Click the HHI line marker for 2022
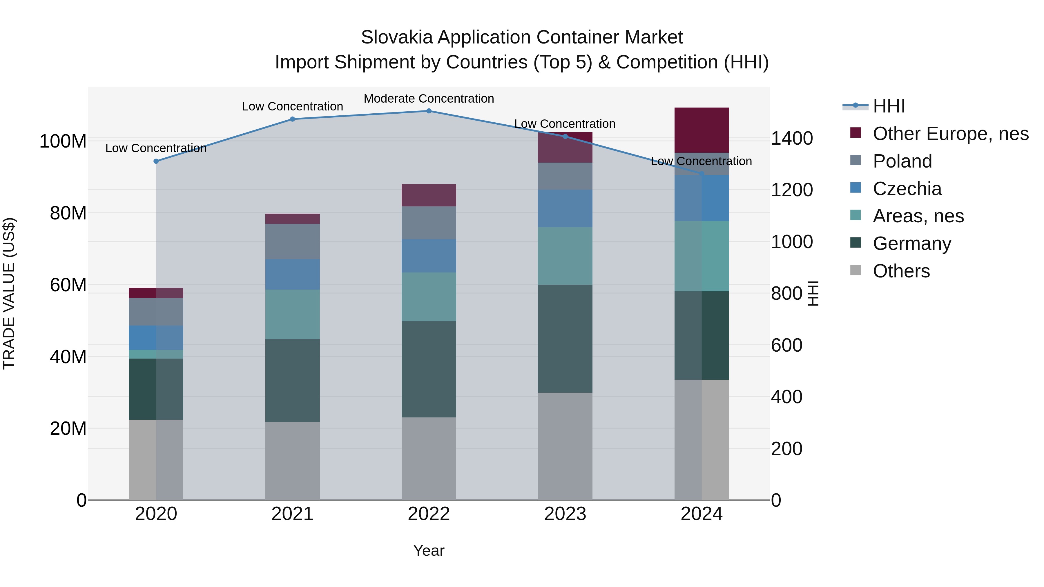[x=429, y=111]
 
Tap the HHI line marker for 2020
[x=156, y=161]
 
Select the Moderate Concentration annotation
[x=429, y=99]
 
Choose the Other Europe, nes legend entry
[x=950, y=134]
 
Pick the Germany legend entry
[x=911, y=243]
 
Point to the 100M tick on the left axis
[x=63, y=141]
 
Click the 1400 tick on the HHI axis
[x=791, y=139]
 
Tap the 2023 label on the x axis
[x=565, y=514]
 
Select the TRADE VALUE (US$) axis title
[x=9, y=293]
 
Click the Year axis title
[x=429, y=550]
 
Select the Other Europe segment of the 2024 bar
[x=702, y=130]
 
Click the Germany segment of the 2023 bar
[x=565, y=338]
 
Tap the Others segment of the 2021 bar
[x=292, y=461]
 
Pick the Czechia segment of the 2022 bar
[x=429, y=256]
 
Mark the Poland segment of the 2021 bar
[x=292, y=241]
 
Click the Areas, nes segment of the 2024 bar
[x=702, y=256]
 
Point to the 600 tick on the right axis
[x=786, y=346]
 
